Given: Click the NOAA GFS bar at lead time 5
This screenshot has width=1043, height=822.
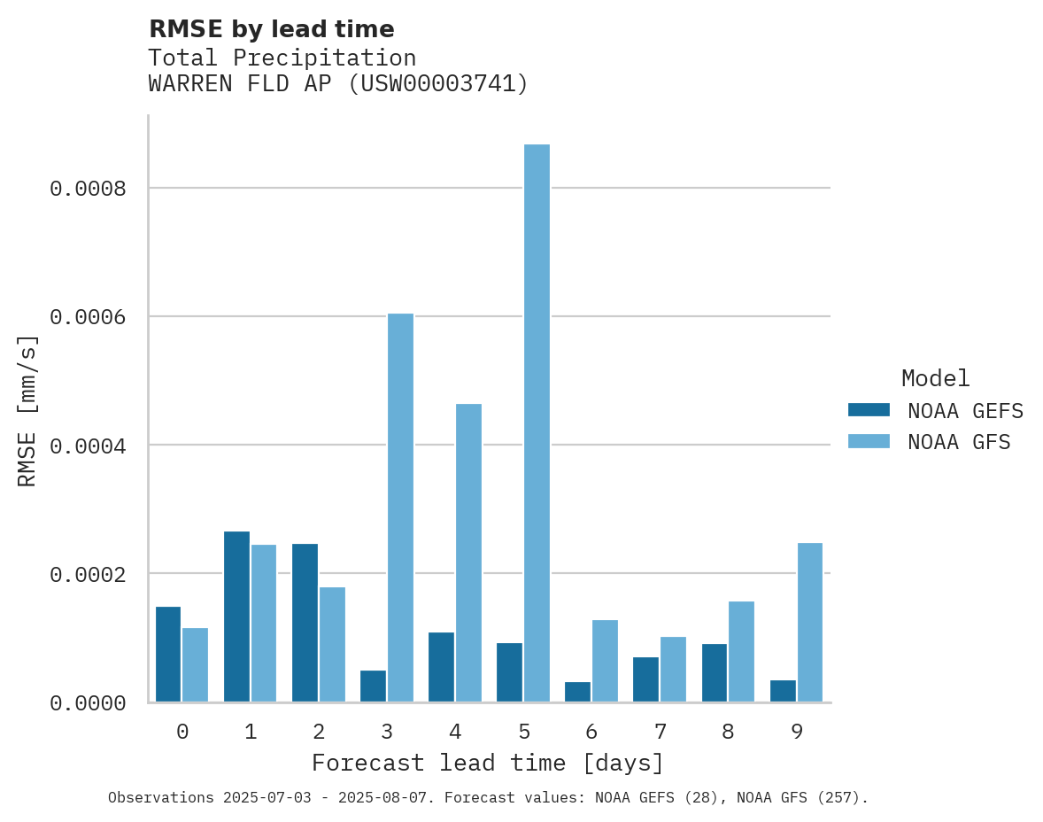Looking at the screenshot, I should [x=537, y=423].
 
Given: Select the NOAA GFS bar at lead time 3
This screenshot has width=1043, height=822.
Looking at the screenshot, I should [x=400, y=508].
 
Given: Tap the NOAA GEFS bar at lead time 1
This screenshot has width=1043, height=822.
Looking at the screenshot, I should [x=236, y=616].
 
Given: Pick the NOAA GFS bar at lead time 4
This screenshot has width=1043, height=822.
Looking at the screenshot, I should [x=468, y=553].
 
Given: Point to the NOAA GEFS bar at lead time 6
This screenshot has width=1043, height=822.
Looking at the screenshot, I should [x=577, y=692].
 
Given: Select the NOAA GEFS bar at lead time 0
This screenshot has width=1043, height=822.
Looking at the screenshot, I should [x=168, y=654].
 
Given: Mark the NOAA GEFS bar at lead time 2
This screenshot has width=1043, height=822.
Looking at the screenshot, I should [x=305, y=623].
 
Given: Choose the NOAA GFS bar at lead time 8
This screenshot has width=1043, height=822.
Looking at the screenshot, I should [x=741, y=651].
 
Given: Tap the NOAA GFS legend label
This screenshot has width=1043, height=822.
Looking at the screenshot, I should [x=959, y=442].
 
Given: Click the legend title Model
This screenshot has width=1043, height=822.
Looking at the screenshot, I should [x=935, y=378].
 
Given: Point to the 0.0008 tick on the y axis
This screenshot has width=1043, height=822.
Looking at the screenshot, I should [x=88, y=189].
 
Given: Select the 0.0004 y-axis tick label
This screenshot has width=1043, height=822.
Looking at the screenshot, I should [x=88, y=446].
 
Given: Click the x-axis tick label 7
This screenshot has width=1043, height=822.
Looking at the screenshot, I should [x=660, y=732].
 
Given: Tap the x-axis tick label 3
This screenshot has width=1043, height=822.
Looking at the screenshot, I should [x=387, y=732].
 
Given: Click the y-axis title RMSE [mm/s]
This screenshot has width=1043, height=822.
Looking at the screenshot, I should [x=27, y=410].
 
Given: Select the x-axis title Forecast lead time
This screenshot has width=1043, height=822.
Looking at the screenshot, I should [x=487, y=763].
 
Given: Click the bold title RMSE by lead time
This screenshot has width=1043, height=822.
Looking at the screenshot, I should [x=271, y=29].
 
